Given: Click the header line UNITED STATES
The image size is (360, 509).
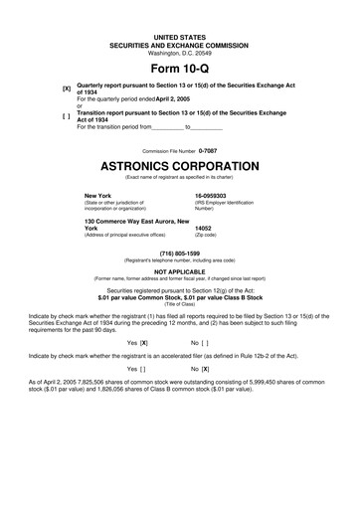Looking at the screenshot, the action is point(179,36).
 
